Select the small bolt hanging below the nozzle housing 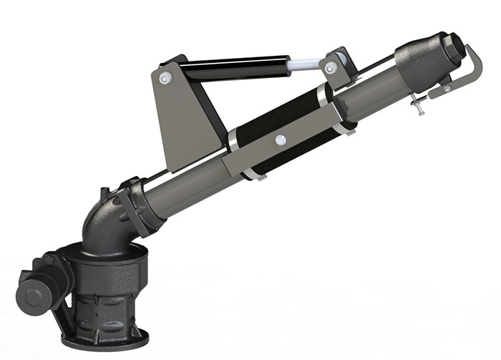pyautogui.click(x=418, y=107)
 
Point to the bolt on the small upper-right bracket pyautogui.click(x=331, y=68)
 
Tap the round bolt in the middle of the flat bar pyautogui.click(x=281, y=139)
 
